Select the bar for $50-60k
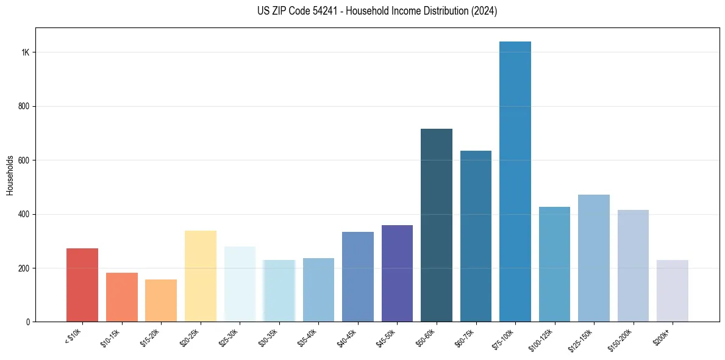coord(437,225)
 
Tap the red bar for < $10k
coord(82,285)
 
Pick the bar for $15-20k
coord(161,300)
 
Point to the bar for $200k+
coord(673,291)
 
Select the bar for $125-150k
coord(594,258)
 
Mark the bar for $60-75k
coord(476,236)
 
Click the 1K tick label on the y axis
coord(26,52)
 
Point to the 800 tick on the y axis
coord(24,106)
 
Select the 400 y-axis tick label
coord(24,214)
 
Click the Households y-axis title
coord(10,175)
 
